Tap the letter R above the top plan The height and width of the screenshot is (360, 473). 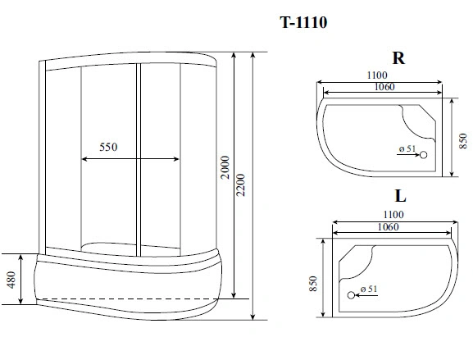point(398,58)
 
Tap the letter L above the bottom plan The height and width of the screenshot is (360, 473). point(400,197)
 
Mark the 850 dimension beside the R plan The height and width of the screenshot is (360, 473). point(463,138)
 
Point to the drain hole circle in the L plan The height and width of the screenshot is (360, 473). point(351,294)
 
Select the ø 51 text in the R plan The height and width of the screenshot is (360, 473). point(408,148)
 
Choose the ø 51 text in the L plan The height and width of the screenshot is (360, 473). point(368,289)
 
